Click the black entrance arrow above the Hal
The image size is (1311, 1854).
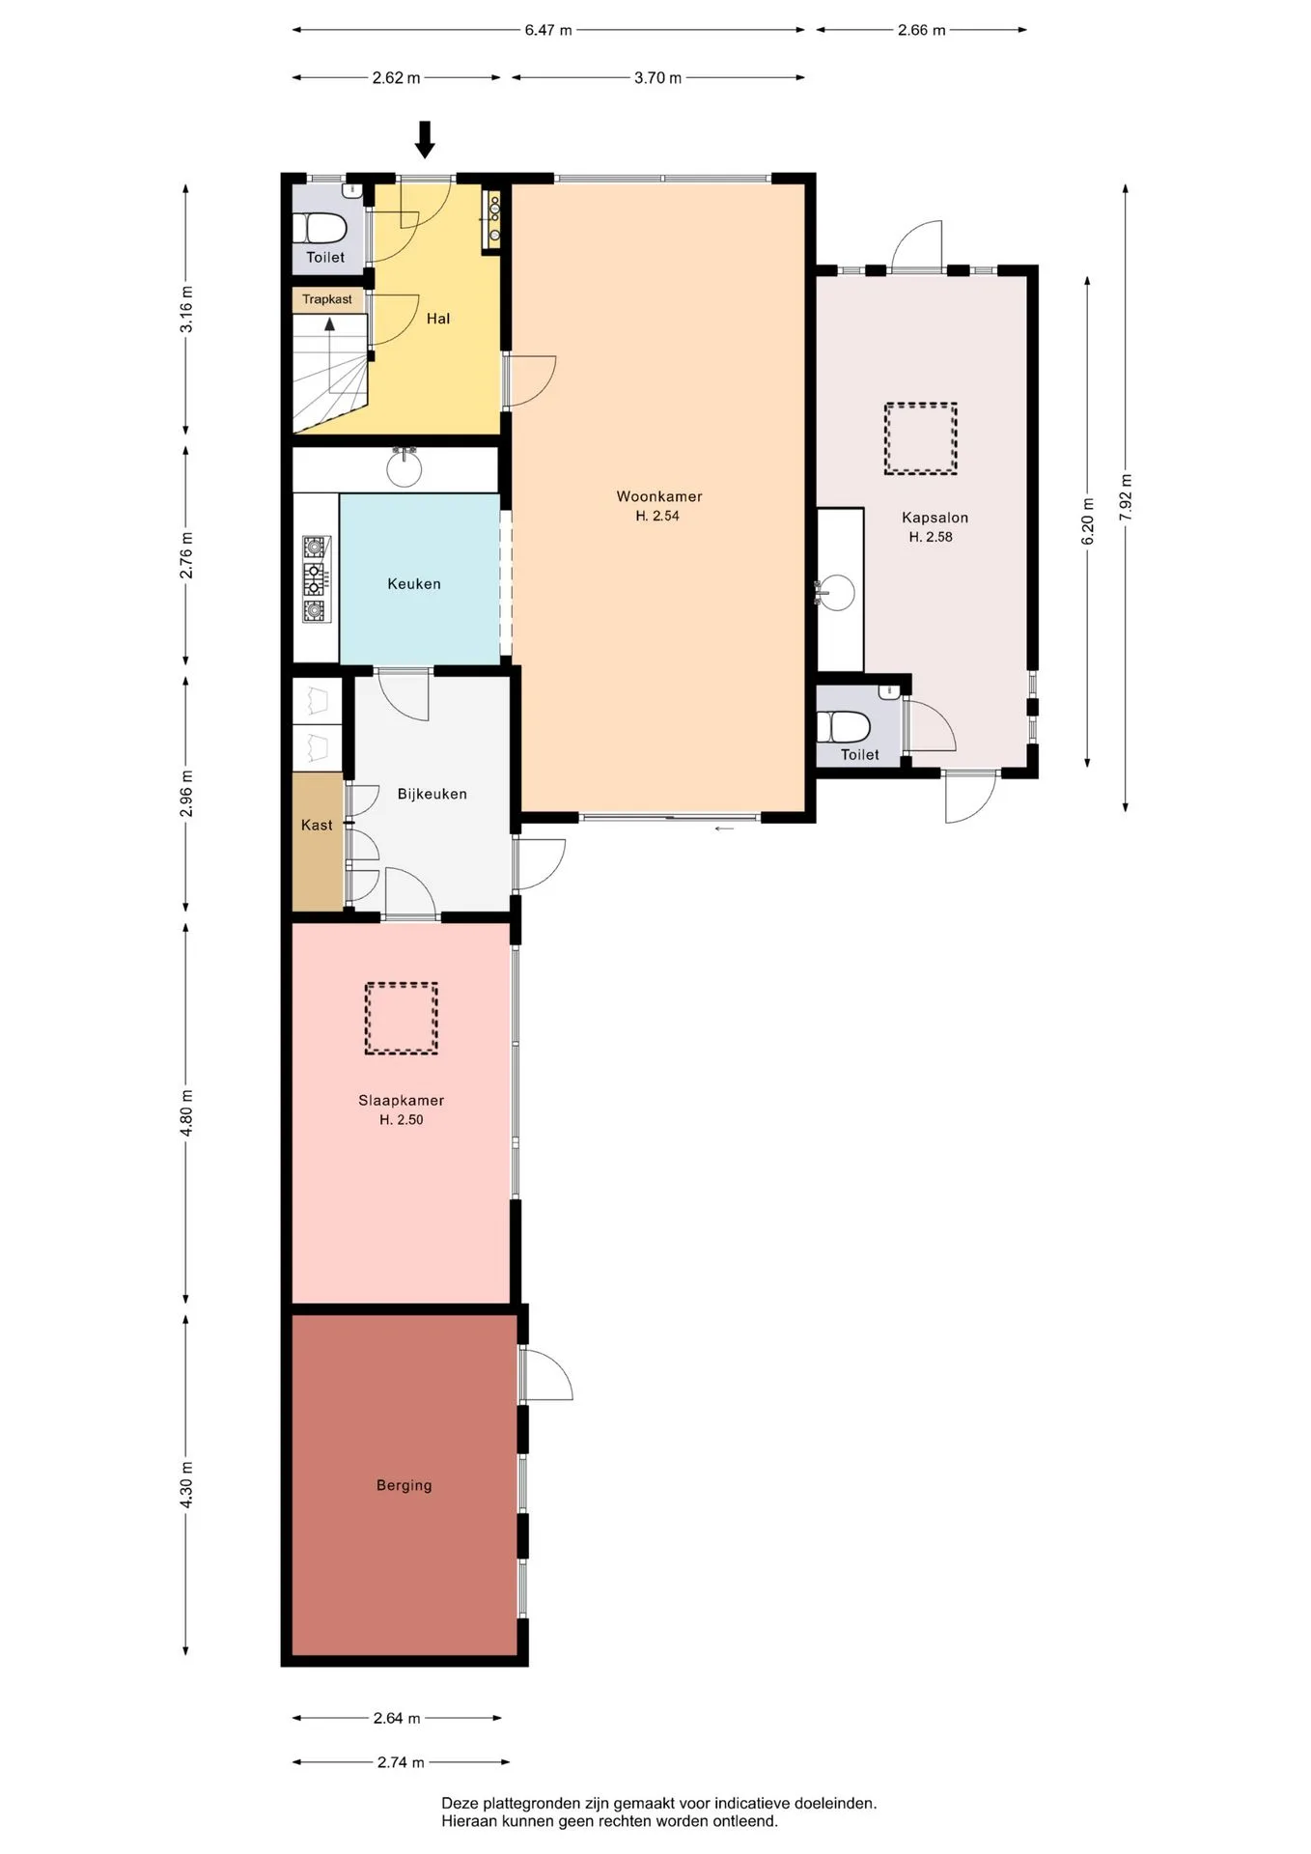(425, 139)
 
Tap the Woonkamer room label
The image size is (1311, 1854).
(659, 496)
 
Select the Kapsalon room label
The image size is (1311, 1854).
(934, 518)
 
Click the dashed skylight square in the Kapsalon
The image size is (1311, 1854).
(920, 438)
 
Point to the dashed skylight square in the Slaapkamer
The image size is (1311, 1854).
(401, 1019)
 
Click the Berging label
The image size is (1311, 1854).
(404, 1485)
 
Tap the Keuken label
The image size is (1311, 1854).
(414, 583)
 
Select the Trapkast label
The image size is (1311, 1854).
(327, 299)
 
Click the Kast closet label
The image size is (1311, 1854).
(317, 825)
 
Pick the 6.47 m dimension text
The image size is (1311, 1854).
(548, 30)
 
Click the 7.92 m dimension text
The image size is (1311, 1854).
(1126, 498)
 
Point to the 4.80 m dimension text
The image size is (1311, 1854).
(186, 1112)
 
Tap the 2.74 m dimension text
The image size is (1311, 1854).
(401, 1762)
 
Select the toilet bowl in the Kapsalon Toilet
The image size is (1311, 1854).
(850, 726)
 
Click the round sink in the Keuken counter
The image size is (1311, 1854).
(404, 469)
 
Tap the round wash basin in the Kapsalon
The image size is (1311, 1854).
(837, 592)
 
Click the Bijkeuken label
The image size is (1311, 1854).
(432, 794)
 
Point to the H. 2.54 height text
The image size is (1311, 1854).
(657, 516)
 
